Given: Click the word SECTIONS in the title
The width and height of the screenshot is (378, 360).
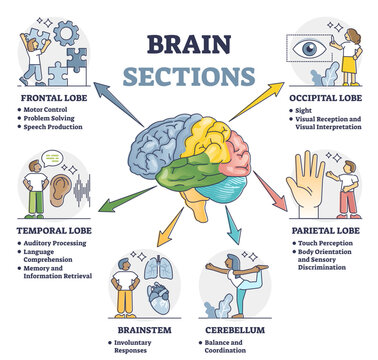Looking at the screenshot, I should pyautogui.click(x=189, y=76).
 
